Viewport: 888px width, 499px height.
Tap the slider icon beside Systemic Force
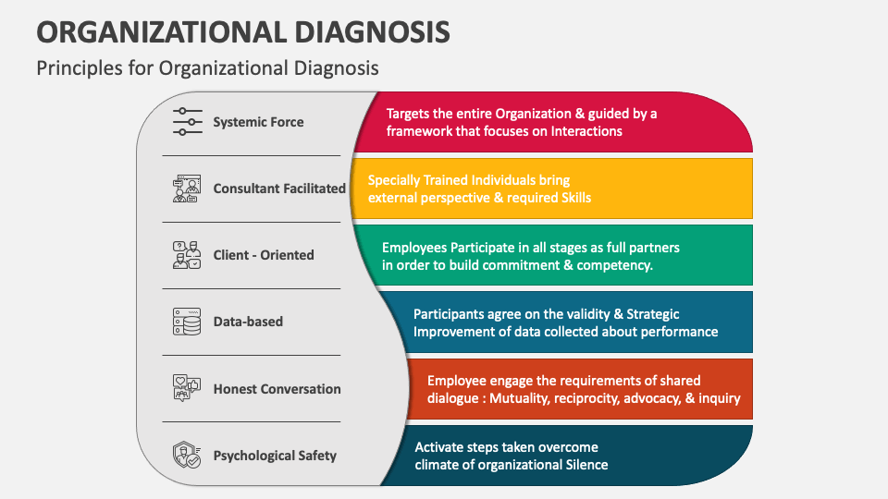187,122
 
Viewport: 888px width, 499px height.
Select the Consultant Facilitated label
279,189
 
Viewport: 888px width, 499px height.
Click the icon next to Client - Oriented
187,255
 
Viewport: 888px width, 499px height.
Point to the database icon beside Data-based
187,322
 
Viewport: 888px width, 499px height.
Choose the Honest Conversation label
277,389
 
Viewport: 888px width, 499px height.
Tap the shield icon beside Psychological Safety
187,456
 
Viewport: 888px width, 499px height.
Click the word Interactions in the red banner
586,131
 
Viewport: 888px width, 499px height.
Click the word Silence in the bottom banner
586,465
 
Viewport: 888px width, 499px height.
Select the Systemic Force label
258,122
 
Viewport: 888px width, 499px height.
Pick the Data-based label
248,322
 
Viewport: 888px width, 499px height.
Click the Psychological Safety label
275,456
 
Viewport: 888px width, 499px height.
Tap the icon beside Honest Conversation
187,389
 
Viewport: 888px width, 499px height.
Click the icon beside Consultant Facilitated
187,189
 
